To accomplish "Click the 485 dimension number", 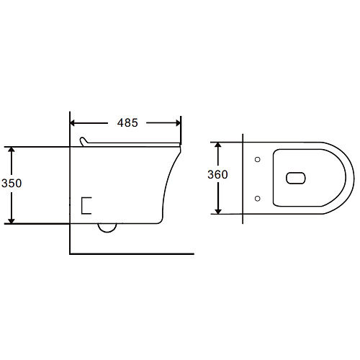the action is (127, 123).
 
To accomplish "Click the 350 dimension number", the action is (12, 184).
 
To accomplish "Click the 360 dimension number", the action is (217, 174).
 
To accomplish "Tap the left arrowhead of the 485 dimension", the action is (72, 123).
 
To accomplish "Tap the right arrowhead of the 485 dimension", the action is (178, 123).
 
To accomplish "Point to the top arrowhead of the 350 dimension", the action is (12, 149).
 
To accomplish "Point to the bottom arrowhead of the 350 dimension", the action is (12, 221).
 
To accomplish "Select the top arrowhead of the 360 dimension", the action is (218, 145).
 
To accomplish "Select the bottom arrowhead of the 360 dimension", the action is (218, 211).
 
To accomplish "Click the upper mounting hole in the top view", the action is (258, 159).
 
